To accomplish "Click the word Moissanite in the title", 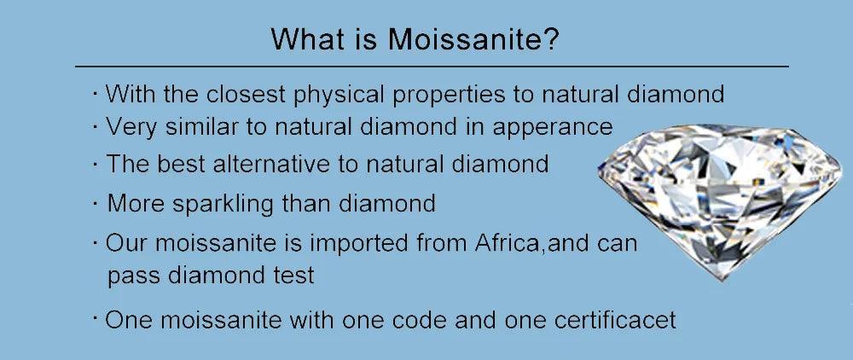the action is (465, 39).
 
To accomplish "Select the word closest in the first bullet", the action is (246, 94).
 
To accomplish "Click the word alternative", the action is (285, 164).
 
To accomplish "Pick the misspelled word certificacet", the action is (615, 320).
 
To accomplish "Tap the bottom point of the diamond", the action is (722, 280).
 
